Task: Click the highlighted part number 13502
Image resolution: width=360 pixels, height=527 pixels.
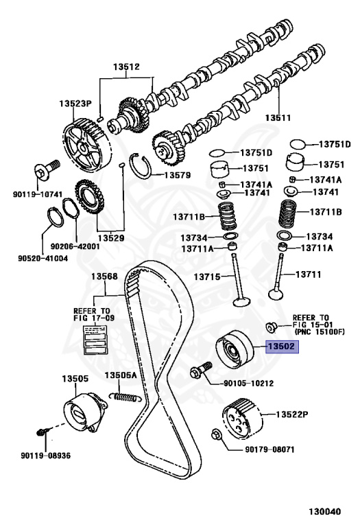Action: coord(282,346)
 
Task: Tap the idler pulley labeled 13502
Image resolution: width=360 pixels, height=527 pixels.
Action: coord(235,349)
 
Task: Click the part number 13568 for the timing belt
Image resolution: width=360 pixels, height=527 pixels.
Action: coord(105,277)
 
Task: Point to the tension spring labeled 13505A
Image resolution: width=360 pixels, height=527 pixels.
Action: coord(125,397)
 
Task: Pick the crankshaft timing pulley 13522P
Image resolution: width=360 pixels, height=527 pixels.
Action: coord(242,418)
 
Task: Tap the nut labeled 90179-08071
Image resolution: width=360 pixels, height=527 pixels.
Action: coord(216,435)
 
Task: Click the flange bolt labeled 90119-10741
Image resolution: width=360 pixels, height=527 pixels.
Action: coord(46,170)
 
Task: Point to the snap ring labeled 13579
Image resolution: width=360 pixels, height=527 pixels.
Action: coord(140,165)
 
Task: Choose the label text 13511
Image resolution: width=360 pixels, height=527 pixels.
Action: coord(278,117)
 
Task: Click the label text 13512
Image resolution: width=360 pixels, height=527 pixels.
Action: coord(126,67)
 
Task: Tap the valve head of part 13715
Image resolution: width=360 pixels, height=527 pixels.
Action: coord(241,301)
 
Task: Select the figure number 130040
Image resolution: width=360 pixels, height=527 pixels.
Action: coord(325,511)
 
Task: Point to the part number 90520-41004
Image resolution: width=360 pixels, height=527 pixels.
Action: coord(43,258)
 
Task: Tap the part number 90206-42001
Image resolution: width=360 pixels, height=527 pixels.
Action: coord(75,246)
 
